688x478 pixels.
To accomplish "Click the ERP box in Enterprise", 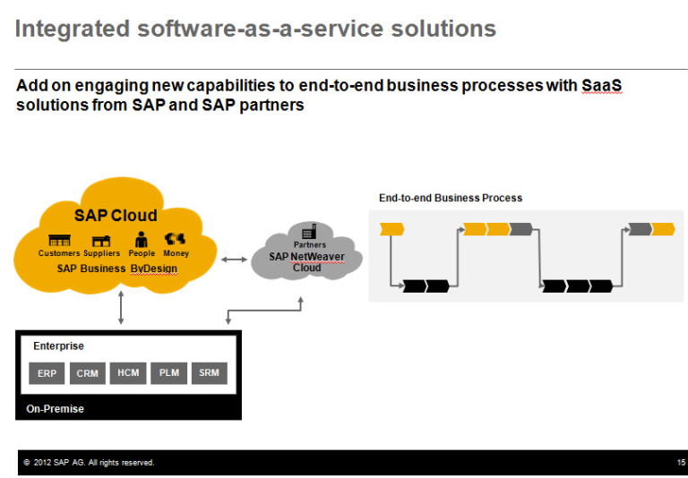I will pos(47,373).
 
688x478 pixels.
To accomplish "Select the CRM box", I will pos(88,373).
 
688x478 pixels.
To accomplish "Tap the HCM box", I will pos(128,372).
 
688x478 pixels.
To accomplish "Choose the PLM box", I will pos(168,372).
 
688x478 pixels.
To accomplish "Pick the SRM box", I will pos(210,372).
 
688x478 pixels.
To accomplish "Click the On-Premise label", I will pos(55,409).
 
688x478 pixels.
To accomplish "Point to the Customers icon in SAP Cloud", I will pos(59,241).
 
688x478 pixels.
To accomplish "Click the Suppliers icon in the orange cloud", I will pos(101,241).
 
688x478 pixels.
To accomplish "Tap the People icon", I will pos(141,239).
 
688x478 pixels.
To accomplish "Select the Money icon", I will pos(176,239).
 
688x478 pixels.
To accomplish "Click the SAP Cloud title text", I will pos(116,216).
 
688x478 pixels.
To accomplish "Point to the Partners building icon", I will pos(309,231).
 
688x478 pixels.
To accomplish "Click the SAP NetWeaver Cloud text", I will pos(306,261).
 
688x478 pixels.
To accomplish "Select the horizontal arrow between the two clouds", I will pos(235,260).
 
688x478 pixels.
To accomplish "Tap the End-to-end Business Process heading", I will pos(450,198).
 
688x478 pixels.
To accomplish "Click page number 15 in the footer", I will pos(681,463).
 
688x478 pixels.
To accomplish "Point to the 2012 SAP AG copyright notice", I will pos(89,463).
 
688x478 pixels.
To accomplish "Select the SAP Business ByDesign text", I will pos(117,269).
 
